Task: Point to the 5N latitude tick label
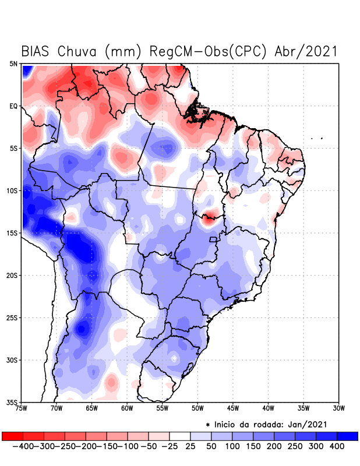[x=13, y=63]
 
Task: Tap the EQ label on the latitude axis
[x=13, y=106]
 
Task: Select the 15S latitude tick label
[x=12, y=233]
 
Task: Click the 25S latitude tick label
[x=12, y=317]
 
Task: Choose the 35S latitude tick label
[x=12, y=402]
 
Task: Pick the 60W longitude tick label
[x=127, y=408]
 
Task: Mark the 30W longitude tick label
[x=338, y=408]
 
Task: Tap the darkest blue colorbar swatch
[x=347, y=436]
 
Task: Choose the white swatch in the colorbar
[x=179, y=436]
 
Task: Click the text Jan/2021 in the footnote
[x=309, y=423]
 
